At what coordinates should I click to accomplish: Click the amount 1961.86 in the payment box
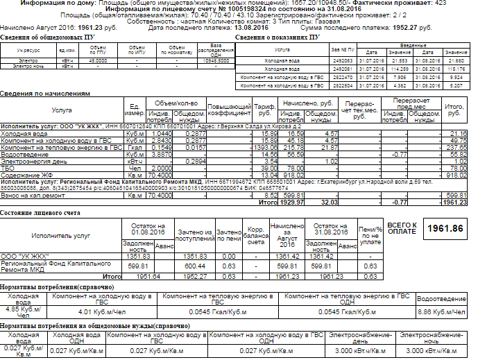[445, 228]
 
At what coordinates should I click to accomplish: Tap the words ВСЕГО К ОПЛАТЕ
[402, 228]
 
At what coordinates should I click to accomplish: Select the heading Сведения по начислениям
[45, 92]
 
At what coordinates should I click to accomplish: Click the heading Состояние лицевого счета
[45, 213]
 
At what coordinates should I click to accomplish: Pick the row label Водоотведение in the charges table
[25, 154]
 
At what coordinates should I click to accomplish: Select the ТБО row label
[9, 167]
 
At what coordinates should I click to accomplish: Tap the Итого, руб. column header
[454, 110]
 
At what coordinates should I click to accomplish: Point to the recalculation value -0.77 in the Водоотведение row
[398, 154]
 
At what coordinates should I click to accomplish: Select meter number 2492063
[343, 60]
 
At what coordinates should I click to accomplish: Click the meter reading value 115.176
[456, 69]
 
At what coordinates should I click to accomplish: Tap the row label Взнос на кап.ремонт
[32, 196]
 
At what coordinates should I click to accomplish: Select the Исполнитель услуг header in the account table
[60, 236]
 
